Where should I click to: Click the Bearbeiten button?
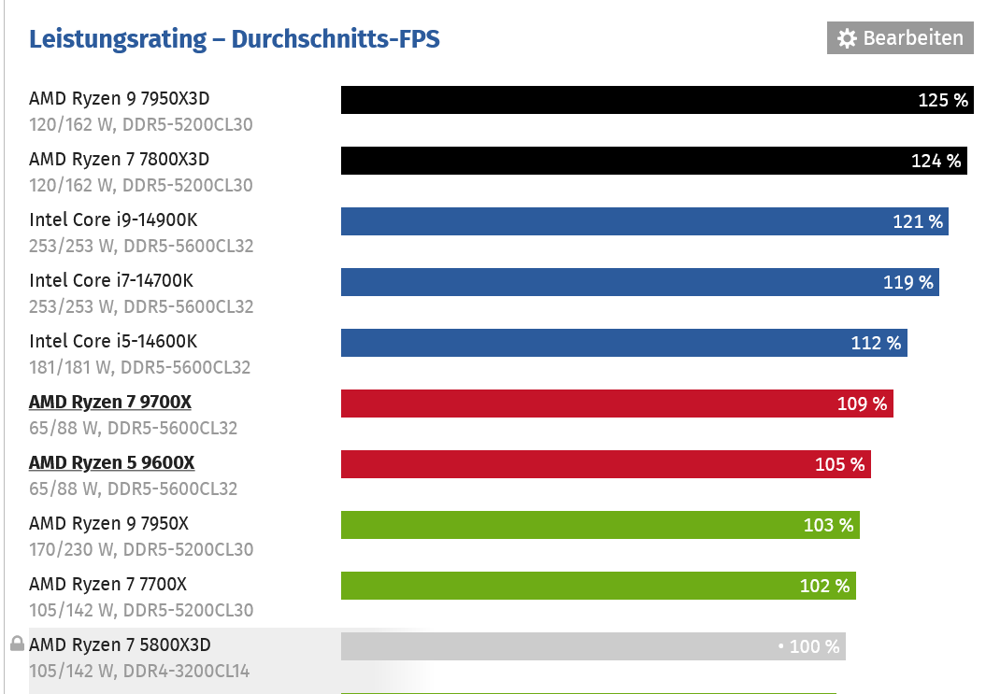click(899, 38)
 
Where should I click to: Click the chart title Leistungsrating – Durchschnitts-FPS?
click(234, 39)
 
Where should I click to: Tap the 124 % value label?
click(936, 161)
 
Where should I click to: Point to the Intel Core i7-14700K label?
click(111, 280)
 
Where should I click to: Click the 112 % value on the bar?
click(876, 343)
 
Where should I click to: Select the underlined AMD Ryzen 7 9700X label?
click(110, 402)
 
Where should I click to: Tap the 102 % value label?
click(824, 586)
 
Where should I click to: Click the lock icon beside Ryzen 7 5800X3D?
click(17, 644)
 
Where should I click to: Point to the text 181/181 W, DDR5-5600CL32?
click(139, 367)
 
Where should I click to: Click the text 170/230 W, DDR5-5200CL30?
click(140, 549)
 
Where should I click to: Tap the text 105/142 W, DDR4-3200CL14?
click(139, 671)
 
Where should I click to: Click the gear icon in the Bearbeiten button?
click(847, 38)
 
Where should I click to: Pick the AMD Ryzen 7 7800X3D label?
click(119, 159)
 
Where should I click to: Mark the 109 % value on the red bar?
click(862, 404)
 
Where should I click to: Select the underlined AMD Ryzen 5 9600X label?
click(111, 462)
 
